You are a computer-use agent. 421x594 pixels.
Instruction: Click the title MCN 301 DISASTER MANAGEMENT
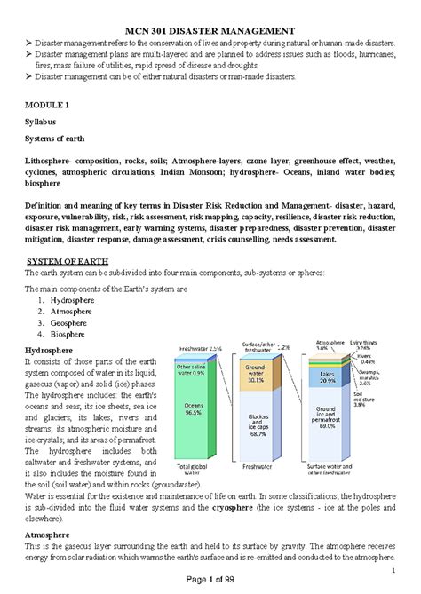210,31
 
